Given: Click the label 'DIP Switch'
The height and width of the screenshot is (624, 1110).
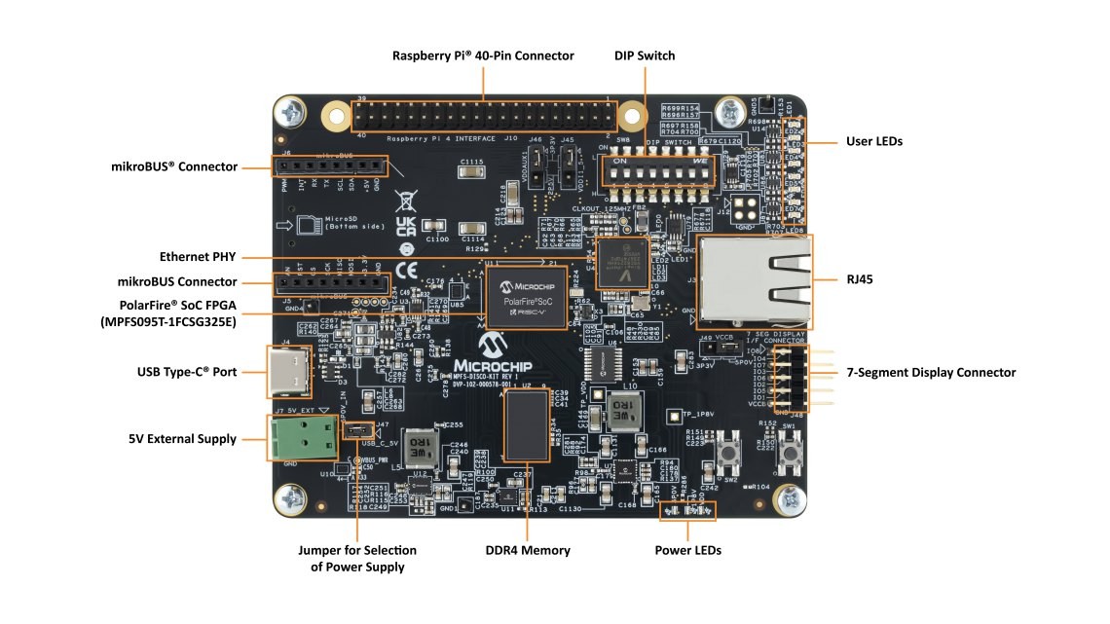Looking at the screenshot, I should click(644, 55).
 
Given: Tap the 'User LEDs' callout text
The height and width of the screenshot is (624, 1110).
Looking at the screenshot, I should click(874, 141).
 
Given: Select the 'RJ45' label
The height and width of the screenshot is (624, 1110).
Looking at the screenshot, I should click(859, 278).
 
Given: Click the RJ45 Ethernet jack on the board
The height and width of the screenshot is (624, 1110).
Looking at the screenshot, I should click(754, 278).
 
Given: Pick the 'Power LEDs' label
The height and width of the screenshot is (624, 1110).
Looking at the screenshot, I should click(687, 550).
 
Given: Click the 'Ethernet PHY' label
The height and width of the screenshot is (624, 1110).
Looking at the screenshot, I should click(199, 257).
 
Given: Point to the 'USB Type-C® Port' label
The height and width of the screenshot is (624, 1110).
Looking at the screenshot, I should click(187, 372).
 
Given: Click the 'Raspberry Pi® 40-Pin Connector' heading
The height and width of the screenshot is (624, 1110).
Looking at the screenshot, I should click(483, 55).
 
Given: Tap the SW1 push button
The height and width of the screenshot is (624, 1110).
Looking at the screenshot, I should click(790, 451).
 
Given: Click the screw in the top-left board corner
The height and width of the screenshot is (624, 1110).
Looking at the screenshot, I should click(291, 114).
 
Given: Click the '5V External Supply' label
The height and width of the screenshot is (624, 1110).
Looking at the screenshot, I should click(182, 439).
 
